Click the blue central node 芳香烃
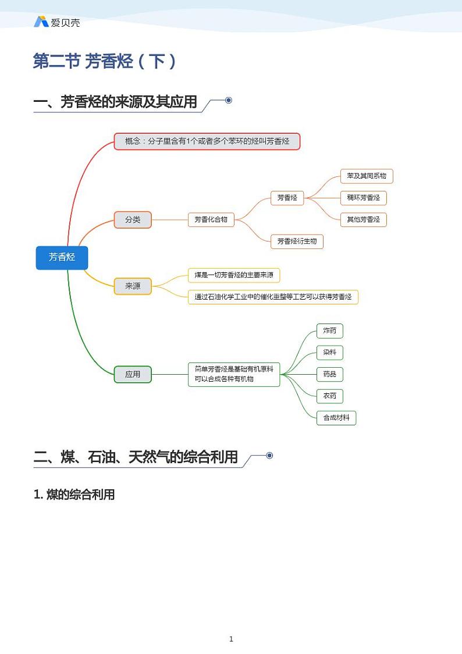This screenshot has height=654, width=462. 62,257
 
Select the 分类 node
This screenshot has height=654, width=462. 133,219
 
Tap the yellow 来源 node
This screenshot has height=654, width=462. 133,286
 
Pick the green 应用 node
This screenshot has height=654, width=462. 133,374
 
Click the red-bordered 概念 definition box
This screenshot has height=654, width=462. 207,141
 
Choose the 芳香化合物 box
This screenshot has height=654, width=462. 211,219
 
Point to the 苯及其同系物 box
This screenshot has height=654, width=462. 367,176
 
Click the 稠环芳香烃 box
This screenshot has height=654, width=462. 363,198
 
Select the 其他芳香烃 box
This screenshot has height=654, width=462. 363,219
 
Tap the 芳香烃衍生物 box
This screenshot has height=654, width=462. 297,241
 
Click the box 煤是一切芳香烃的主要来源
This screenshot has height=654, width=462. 233,275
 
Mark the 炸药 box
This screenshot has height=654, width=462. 329,330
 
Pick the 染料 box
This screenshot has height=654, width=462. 329,352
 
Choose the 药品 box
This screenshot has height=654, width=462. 329,374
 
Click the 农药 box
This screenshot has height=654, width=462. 329,396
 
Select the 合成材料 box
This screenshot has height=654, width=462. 336,417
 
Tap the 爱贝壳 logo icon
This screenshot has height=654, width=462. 41,22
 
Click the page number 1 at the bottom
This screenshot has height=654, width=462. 231,639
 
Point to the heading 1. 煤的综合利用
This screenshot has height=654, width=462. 74,495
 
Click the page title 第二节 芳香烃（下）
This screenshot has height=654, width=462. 105,61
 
